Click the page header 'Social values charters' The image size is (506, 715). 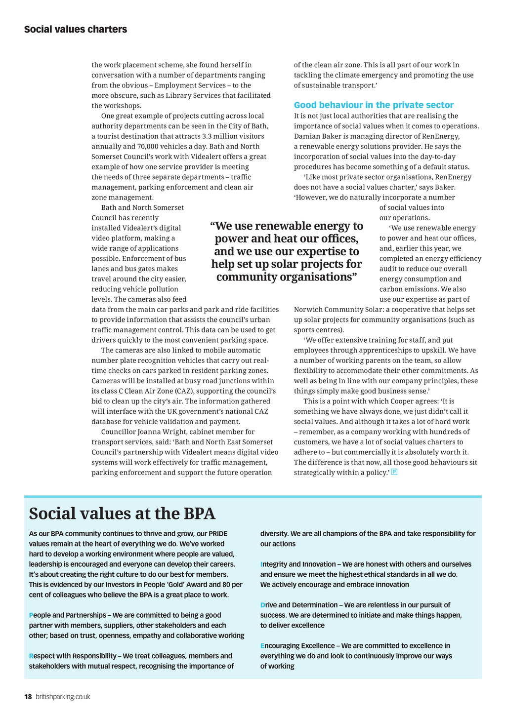76,30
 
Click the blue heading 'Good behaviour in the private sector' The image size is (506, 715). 374,105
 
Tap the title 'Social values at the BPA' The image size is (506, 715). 122,514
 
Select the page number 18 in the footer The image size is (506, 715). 28,697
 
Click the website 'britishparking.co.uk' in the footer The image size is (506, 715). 63,697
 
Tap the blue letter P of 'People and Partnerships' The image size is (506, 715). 31,615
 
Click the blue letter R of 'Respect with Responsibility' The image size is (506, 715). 31,656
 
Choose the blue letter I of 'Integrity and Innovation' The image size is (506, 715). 261,564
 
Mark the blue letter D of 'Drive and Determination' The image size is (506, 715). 263,605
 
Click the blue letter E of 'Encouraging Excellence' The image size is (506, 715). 263,646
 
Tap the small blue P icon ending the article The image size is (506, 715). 394,472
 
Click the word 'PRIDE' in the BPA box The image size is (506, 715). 218,534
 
